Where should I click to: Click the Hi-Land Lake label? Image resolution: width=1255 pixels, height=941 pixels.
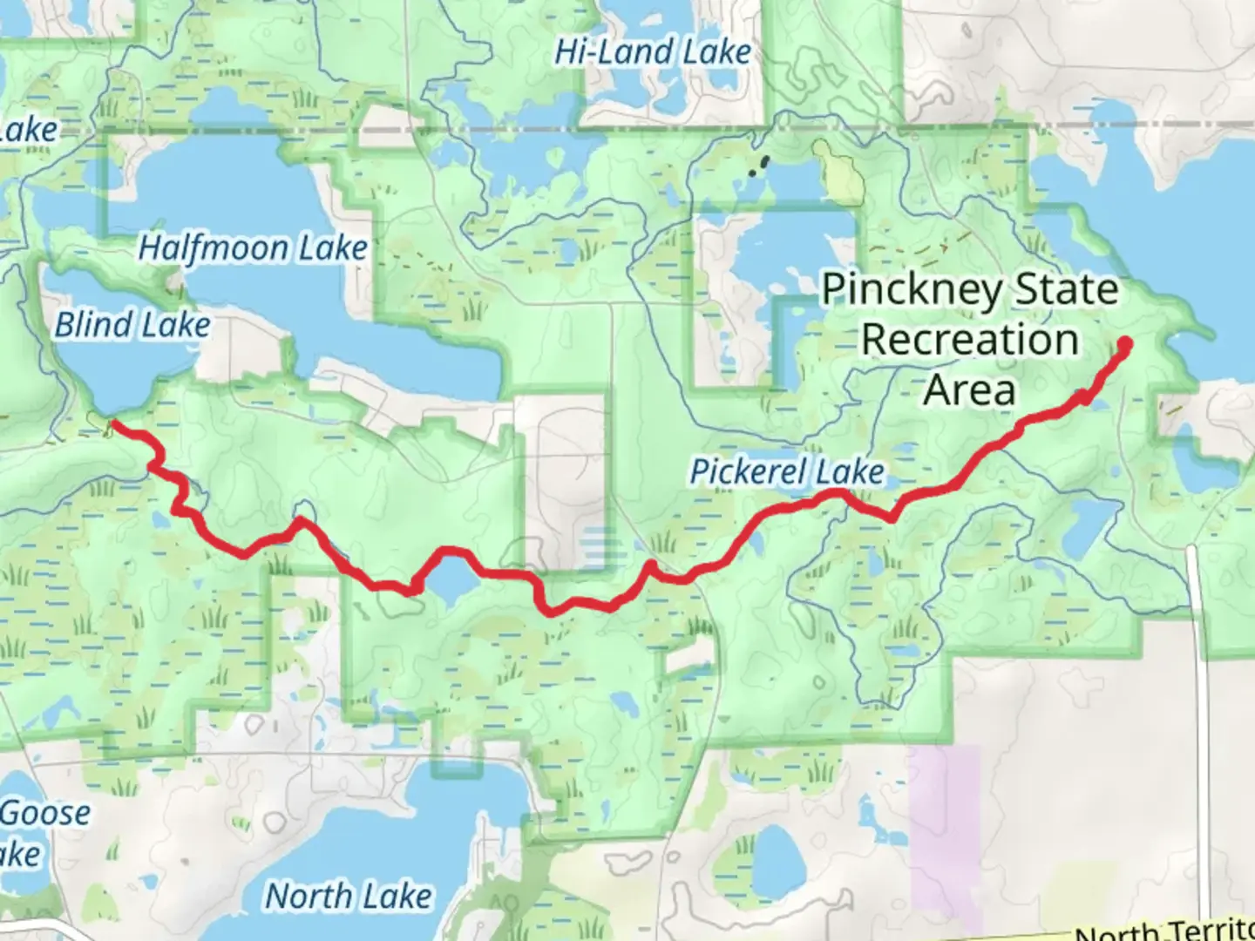652,52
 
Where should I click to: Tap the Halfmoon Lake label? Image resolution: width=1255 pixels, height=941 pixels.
253,249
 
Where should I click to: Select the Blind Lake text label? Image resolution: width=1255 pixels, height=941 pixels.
132,326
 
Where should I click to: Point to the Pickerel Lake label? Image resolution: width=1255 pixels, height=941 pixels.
787,472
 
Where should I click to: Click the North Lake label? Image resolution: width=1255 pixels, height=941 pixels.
348,896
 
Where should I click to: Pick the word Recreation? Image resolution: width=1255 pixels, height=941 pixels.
969,340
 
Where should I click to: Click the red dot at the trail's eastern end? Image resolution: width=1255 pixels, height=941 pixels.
1124,343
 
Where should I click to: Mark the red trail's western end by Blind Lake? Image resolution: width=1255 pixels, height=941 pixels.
112,425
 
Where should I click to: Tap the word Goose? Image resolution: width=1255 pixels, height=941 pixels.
45,813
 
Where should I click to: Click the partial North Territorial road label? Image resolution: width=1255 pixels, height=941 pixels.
1164,931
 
